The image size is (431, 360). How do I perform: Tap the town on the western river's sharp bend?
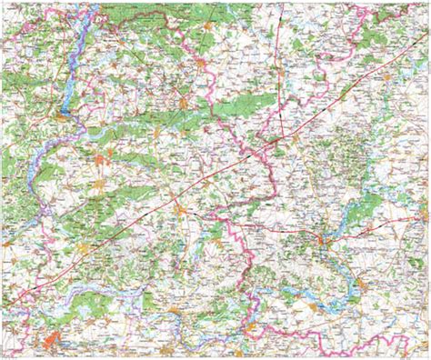point(62,114)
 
